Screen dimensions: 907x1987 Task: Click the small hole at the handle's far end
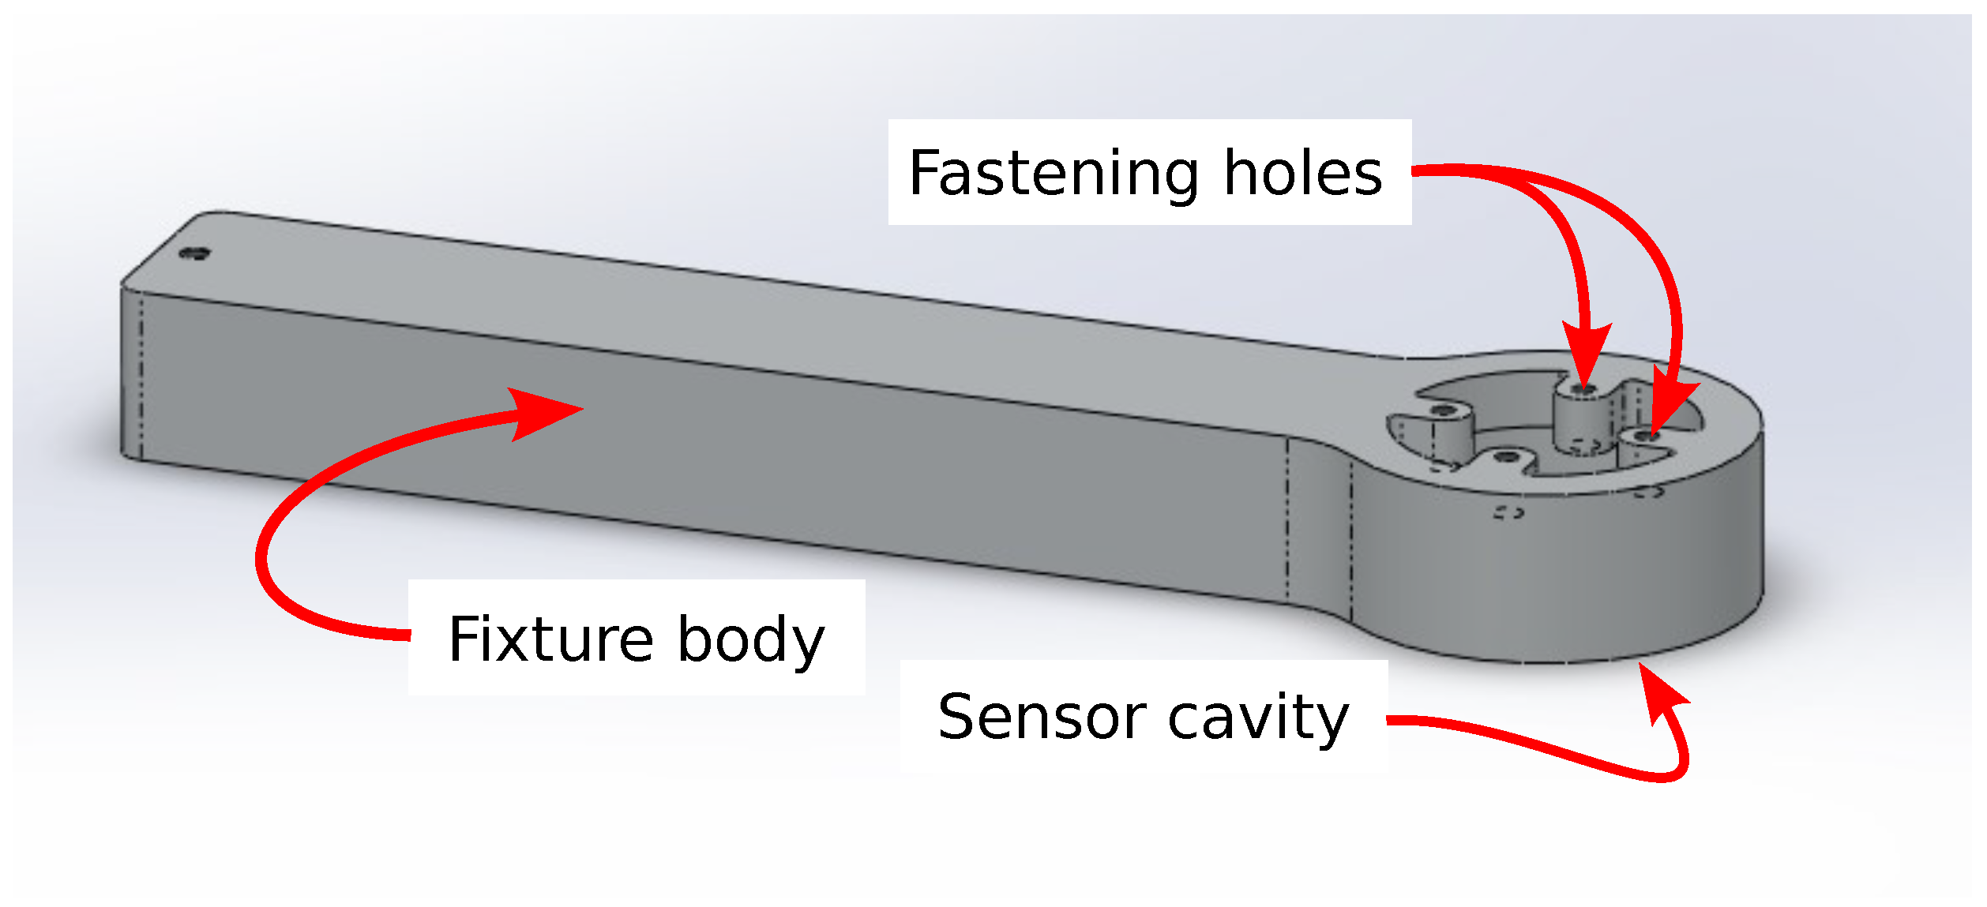[x=193, y=253]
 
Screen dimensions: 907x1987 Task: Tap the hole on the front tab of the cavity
[x=1507, y=457]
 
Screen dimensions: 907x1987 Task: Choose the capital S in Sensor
[x=957, y=717]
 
